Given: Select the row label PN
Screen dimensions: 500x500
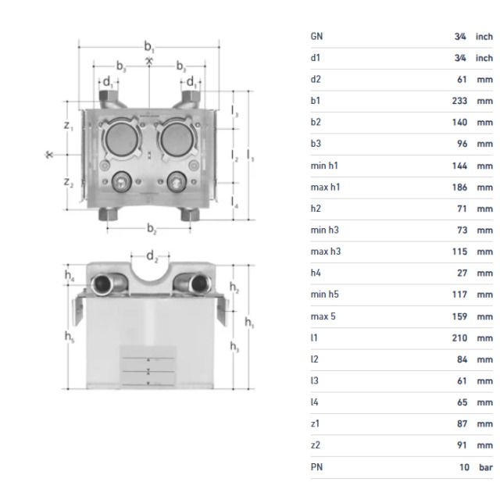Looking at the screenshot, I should (316, 466).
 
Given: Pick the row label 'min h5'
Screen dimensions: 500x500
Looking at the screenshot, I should (324, 295).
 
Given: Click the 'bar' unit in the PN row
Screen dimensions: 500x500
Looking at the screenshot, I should (485, 466).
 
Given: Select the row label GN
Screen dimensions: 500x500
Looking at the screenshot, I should (316, 36).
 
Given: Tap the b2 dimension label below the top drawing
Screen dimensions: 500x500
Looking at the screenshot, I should (152, 230).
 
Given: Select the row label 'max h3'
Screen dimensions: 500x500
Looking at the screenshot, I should (325, 252).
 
